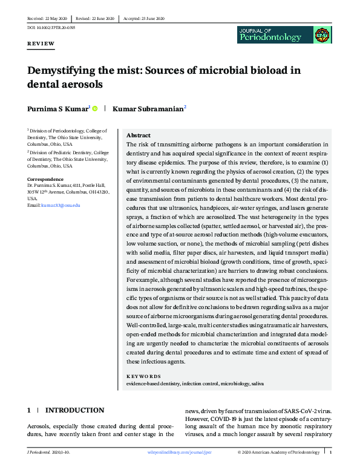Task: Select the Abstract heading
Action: coord(139,135)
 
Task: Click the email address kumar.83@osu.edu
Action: coord(61,206)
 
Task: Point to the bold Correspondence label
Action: coord(45,179)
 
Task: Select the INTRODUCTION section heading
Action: coord(75,410)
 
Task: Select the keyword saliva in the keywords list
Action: coord(257,383)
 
